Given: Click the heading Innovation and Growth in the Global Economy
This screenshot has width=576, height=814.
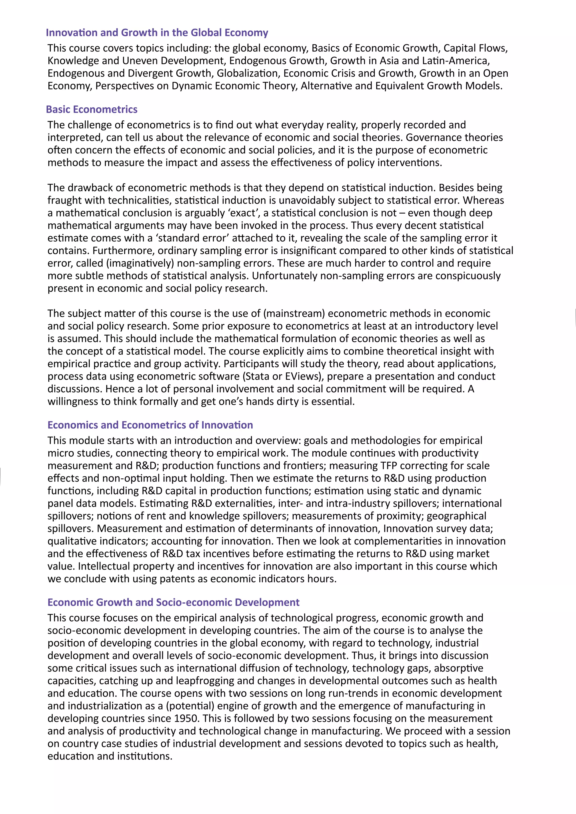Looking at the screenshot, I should (x=157, y=33).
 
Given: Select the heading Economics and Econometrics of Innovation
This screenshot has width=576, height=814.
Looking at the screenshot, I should (x=150, y=425).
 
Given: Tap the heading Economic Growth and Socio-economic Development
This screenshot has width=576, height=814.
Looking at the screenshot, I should (x=174, y=602).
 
